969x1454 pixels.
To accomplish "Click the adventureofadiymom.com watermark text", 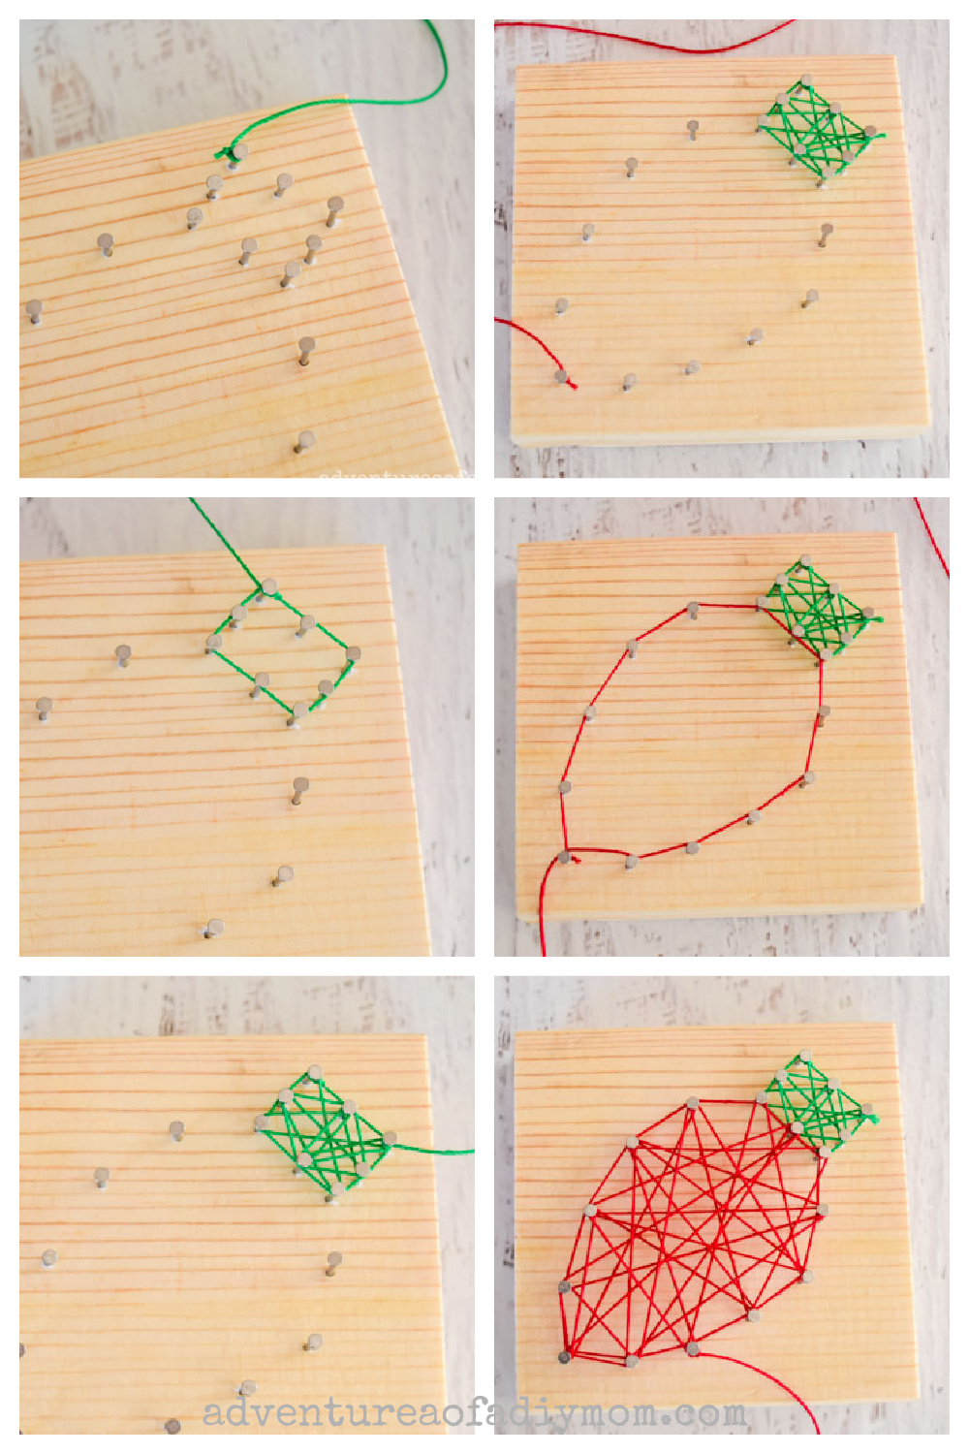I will (475, 1413).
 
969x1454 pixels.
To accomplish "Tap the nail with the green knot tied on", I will (237, 151).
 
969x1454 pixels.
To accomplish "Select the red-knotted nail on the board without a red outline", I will (561, 376).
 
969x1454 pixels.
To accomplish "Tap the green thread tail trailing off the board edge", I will (436, 1151).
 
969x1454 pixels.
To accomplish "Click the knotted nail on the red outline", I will (564, 857).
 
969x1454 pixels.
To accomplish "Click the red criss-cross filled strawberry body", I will (693, 1231).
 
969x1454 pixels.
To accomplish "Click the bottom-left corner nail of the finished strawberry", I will (564, 1356).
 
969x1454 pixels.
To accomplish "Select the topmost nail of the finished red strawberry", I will (692, 1102).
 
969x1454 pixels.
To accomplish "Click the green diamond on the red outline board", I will (819, 609).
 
